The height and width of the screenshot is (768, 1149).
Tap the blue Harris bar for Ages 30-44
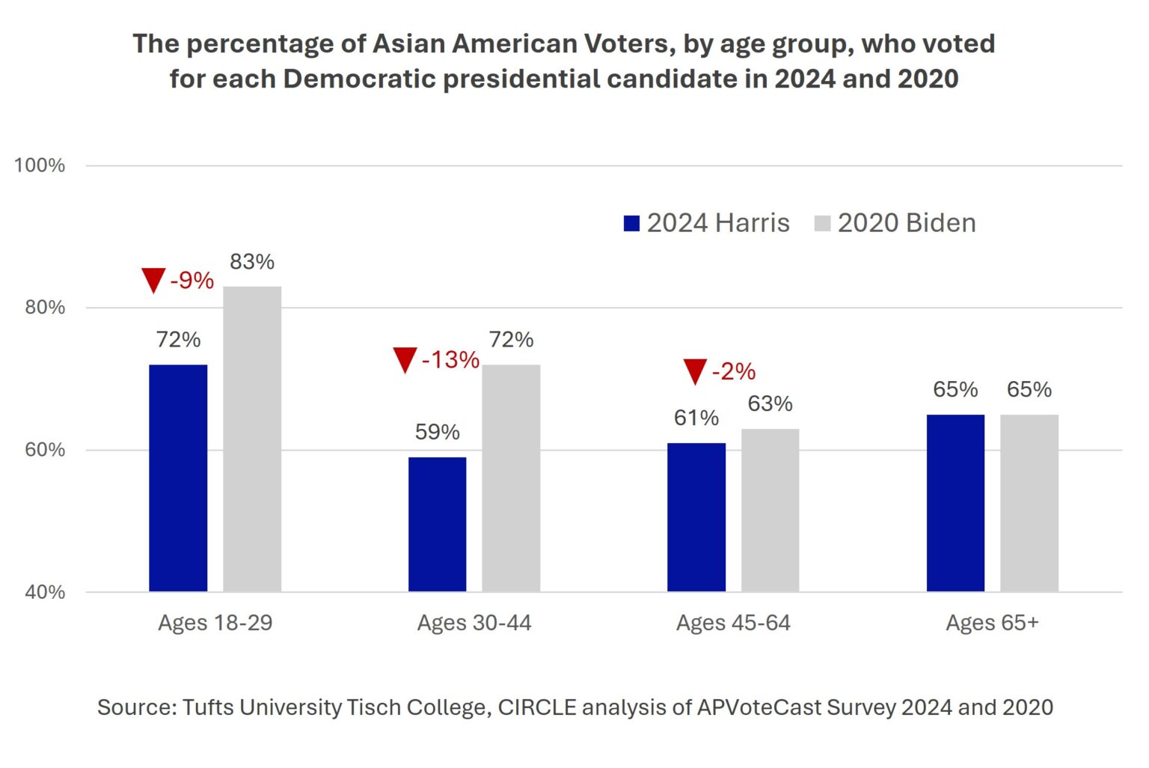[437, 524]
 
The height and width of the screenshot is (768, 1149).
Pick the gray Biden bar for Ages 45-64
[770, 510]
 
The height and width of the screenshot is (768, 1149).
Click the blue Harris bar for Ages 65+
[955, 503]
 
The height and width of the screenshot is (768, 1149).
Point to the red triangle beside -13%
[405, 359]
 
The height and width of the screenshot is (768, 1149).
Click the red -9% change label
[192, 281]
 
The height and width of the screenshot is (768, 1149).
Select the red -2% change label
[733, 371]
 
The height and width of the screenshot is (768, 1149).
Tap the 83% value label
[252, 262]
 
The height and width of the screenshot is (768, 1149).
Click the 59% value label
[437, 432]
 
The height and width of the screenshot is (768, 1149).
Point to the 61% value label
[696, 418]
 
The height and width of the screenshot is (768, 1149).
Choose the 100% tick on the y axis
[40, 165]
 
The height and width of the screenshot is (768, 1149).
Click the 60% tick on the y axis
[45, 450]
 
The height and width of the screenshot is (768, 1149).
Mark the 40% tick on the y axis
[45, 592]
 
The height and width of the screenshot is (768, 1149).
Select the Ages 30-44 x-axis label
[474, 623]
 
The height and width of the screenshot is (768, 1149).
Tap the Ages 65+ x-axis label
[992, 623]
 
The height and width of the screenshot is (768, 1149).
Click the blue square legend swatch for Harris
[631, 223]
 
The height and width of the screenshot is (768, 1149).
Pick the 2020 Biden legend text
[907, 223]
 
